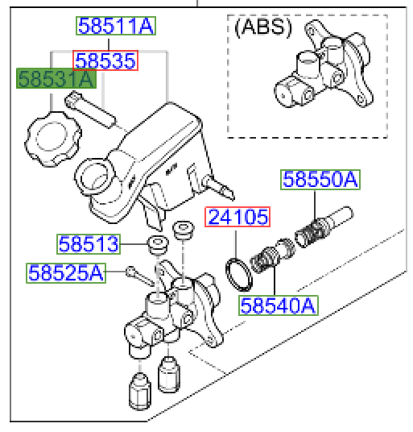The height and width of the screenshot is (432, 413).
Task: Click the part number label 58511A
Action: (114, 27)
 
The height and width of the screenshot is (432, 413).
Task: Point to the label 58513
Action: (89, 243)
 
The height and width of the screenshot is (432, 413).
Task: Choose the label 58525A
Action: (66, 272)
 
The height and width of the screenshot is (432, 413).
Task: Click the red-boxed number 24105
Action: (237, 217)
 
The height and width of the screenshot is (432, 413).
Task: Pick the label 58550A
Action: (318, 180)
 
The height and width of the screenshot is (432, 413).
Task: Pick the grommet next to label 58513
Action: (156, 243)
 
